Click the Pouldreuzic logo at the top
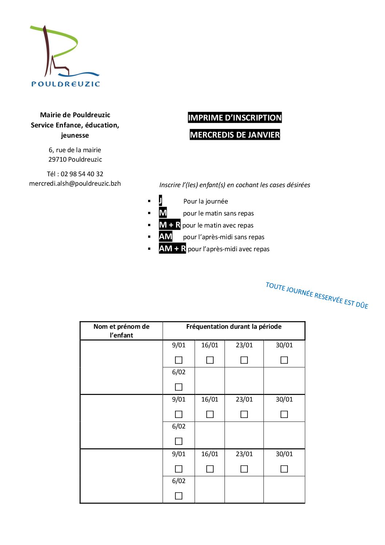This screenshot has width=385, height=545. pos(65,56)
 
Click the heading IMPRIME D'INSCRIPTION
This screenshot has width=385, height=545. pos(235,118)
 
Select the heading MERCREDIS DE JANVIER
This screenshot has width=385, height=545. pos(235,135)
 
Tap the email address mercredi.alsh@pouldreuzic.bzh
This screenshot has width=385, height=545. pos(75,183)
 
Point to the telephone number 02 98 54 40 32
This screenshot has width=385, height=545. pos(82,174)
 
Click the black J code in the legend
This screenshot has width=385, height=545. pos(160,201)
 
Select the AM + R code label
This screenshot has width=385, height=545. pos(172,249)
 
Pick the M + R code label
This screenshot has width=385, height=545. pos(170,225)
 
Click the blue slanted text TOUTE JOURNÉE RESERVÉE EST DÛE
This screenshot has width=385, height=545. pos(317,295)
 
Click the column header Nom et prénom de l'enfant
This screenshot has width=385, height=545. pos(121,331)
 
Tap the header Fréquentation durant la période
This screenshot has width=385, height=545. pos(234,327)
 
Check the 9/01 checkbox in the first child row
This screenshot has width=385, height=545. pos(179,360)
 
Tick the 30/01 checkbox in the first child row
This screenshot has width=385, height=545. pos(284,360)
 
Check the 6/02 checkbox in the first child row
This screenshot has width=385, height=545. pos(179,387)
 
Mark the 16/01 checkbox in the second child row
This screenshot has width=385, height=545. pos(210,414)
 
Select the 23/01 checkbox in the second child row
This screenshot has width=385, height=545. pos(244,414)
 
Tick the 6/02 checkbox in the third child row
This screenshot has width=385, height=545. pos(179,496)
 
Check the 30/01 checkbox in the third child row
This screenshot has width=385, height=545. pos(284,469)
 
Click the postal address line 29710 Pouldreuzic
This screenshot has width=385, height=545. pos(75,159)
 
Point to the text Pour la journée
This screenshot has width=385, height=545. pos(206,201)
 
